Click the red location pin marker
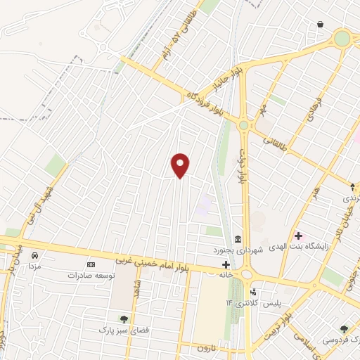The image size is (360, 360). [181, 165]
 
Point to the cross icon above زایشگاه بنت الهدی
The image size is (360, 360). [298, 236]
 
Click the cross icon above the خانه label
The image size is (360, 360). [226, 264]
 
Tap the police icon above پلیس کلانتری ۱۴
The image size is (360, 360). [252, 291]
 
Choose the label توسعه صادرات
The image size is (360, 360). [90, 276]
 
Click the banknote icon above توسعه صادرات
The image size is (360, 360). [89, 264]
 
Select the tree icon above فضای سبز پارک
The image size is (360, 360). [124, 319]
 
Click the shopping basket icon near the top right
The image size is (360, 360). [321, 25]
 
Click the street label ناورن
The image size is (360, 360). [204, 348]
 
